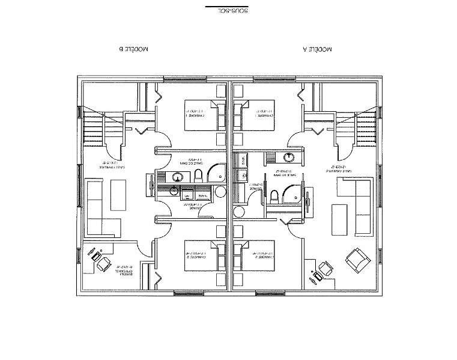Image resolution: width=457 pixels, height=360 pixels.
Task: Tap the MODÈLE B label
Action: pyautogui.click(x=134, y=51)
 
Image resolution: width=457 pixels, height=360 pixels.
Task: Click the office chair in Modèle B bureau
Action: pyautogui.click(x=102, y=263)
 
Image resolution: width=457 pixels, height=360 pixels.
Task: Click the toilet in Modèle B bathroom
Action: pyautogui.click(x=198, y=176)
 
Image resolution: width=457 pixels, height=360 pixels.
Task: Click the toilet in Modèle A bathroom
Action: pyautogui.click(x=274, y=196)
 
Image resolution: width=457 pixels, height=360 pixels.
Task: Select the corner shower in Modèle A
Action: pyautogui.click(x=293, y=195)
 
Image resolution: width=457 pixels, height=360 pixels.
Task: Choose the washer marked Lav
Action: pyautogui.click(x=187, y=196)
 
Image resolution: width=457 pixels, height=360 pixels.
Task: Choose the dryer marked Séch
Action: pyautogui.click(x=202, y=196)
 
